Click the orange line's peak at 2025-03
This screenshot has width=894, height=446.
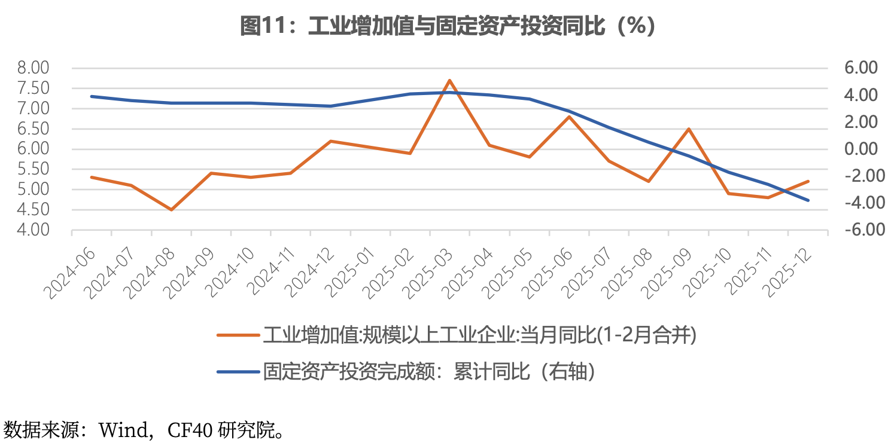coord(449,80)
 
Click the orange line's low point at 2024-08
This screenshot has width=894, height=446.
coord(171,210)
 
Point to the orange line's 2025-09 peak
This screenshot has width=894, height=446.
coord(689,129)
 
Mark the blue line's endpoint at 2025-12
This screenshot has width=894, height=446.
coord(808,200)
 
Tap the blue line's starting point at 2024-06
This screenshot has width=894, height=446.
coord(92,96)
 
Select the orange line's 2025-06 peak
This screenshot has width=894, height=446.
coord(569,117)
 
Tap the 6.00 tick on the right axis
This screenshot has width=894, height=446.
coord(860,68)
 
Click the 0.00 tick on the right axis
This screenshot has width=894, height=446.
coord(860,149)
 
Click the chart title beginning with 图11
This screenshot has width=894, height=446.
coord(448,26)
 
